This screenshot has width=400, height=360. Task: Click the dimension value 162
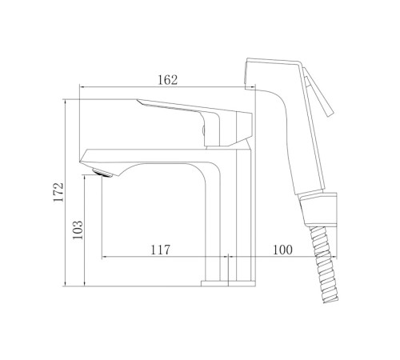[x=167, y=80]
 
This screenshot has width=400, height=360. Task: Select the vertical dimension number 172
[x=58, y=192]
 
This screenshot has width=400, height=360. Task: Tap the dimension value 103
[x=78, y=230]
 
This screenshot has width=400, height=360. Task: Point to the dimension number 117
[x=160, y=250]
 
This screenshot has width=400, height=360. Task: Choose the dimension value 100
[x=282, y=250]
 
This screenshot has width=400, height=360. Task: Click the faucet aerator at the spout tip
[x=102, y=173]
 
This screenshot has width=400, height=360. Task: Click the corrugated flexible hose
[x=325, y=265]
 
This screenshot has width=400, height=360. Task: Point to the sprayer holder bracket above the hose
[x=318, y=210]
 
